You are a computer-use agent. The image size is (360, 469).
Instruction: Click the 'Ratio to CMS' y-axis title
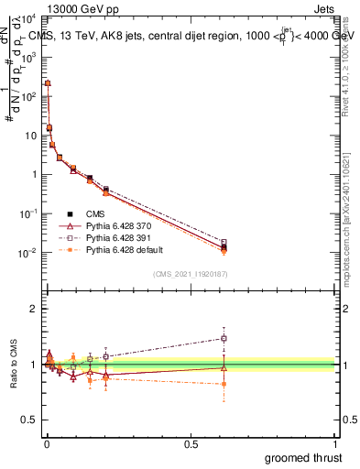[x=14, y=365]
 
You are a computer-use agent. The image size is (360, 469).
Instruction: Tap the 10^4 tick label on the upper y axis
[x=27, y=18]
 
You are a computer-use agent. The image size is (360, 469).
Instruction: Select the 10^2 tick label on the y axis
[x=27, y=96]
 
